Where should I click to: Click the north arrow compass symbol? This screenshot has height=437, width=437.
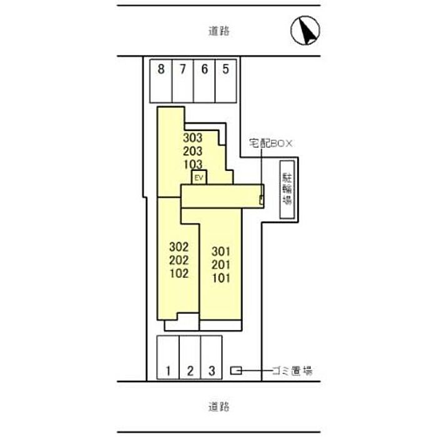coord(305,31)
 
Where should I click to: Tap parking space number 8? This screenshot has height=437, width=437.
coord(161,81)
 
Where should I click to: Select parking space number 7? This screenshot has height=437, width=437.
coord(183,81)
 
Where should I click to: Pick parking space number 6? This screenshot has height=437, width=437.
coord(204,81)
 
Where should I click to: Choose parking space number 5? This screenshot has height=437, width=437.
coord(226,81)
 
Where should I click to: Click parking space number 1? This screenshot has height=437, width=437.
coord(168,357)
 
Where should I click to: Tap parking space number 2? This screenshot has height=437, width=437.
coord(190,357)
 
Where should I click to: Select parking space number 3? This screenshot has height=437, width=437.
coord(211,357)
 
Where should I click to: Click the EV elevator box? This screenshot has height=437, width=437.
coord(199,177)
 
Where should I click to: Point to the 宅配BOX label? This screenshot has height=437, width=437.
coord(270,144)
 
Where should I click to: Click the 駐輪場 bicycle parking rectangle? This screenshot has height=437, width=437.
coord(287,190)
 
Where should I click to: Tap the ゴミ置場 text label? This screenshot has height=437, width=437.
coord(292,371)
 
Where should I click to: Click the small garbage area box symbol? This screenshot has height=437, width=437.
coord(236,371)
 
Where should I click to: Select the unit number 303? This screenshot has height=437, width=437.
coord(192,138)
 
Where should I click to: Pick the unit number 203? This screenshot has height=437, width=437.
coord(192,151)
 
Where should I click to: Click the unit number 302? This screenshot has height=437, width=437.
coord(179,247)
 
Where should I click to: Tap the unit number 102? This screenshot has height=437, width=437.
coord(179,273)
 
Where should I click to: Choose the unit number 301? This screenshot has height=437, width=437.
coord(221,252)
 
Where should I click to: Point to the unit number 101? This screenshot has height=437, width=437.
coord(221,278)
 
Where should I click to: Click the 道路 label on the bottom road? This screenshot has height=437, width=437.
coord(219,406)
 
